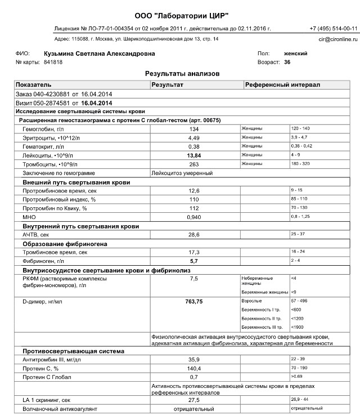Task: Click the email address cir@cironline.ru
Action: [337, 39]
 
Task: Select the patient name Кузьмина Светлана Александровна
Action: [100, 53]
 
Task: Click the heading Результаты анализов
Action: [178, 74]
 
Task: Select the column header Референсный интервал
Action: [282, 84]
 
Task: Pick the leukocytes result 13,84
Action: [194, 154]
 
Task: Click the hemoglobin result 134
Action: [194, 129]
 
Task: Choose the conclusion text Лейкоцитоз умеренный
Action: [179, 173]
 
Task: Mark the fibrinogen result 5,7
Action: [194, 261]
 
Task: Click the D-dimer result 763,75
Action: [194, 302]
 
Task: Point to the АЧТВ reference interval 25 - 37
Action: [299, 233]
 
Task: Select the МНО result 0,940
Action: [194, 216]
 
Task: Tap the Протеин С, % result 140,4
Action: [194, 368]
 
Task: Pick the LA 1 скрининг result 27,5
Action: [194, 399]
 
